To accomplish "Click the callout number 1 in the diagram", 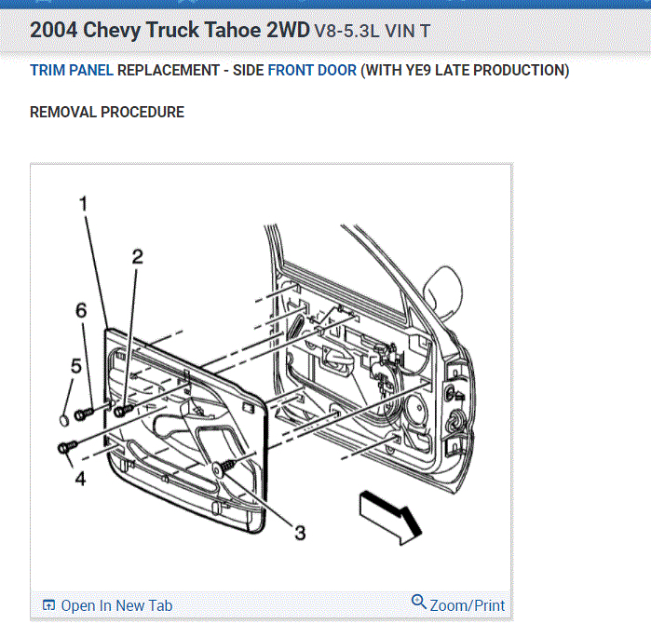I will (x=83, y=204).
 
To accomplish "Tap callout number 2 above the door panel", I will (x=137, y=257).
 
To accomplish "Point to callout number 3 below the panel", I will (x=299, y=533).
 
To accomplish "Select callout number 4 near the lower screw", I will (x=80, y=479).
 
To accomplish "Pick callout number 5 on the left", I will (x=76, y=367).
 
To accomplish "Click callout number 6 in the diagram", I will (x=80, y=309).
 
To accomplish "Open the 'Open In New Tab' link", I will (x=108, y=605).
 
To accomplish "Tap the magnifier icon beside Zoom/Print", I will (x=419, y=603).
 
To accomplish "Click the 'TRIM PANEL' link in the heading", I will (x=72, y=71).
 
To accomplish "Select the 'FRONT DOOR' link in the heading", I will (x=312, y=71).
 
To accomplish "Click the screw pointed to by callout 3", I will (x=224, y=468).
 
